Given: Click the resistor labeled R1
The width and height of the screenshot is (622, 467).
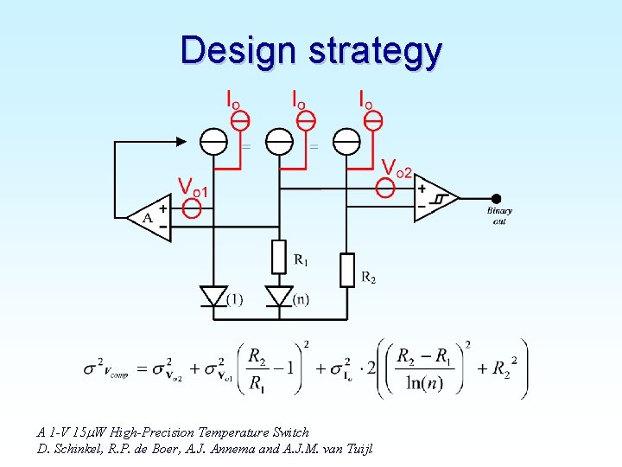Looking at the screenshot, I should [x=278, y=257].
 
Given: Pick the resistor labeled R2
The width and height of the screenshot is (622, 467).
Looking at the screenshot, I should [x=347, y=269].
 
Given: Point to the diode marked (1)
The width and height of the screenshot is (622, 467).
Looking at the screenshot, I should [x=213, y=297].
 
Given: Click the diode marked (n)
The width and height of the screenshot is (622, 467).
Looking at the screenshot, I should [x=278, y=297].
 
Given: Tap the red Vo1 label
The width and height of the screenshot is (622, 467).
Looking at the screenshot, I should [x=193, y=186].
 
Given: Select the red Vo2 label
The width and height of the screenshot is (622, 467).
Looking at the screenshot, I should [x=397, y=168].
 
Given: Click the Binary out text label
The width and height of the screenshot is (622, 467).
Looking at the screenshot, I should [x=499, y=216].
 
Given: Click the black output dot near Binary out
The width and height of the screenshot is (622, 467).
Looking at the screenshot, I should [x=496, y=198].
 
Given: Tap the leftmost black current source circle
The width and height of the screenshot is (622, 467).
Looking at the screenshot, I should [x=213, y=139].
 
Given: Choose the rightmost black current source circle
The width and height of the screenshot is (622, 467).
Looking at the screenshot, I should [x=346, y=139].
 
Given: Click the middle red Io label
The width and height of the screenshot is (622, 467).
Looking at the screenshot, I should [x=298, y=99].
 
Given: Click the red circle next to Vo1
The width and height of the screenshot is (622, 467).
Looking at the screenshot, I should [x=194, y=208].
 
